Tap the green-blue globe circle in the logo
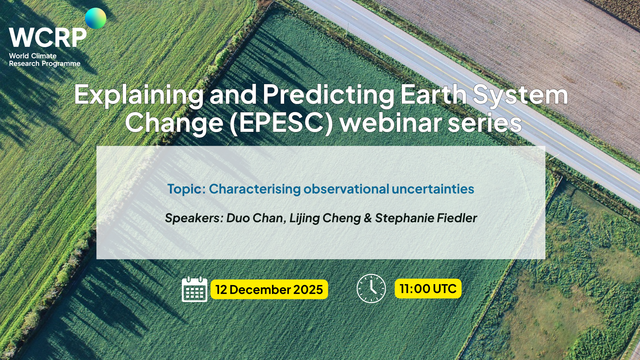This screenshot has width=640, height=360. tap(96, 19)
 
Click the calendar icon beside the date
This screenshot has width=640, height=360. tap(194, 289)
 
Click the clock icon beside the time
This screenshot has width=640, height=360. tap(371, 289)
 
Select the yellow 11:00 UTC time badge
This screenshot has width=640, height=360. tap(428, 289)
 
